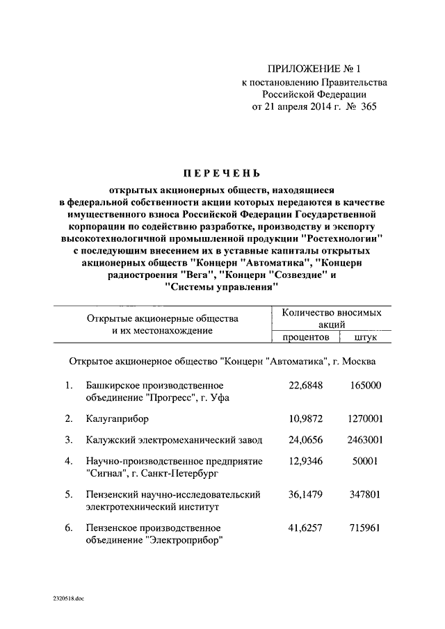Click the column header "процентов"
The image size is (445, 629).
point(305,338)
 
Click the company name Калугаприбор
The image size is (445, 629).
point(118,419)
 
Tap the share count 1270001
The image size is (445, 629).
point(364,419)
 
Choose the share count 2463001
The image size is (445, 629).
point(364,440)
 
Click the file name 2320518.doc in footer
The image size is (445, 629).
point(66,598)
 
